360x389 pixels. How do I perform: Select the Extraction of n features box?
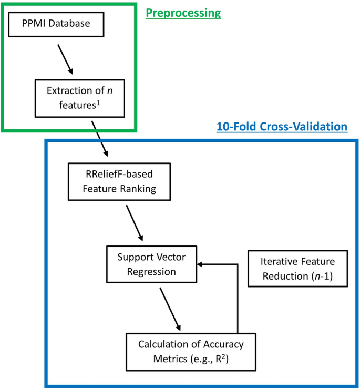tap(87, 98)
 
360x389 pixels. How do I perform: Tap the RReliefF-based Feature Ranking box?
tap(120, 181)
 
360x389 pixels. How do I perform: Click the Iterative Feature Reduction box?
tap(297, 268)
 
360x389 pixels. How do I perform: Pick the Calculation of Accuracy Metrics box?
tap(191, 352)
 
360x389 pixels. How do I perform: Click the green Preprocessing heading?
tap(183, 13)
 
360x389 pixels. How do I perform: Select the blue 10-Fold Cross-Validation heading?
tap(282, 127)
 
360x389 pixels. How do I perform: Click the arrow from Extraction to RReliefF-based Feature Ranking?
tap(99, 138)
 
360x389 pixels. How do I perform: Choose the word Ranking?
tap(138, 188)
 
